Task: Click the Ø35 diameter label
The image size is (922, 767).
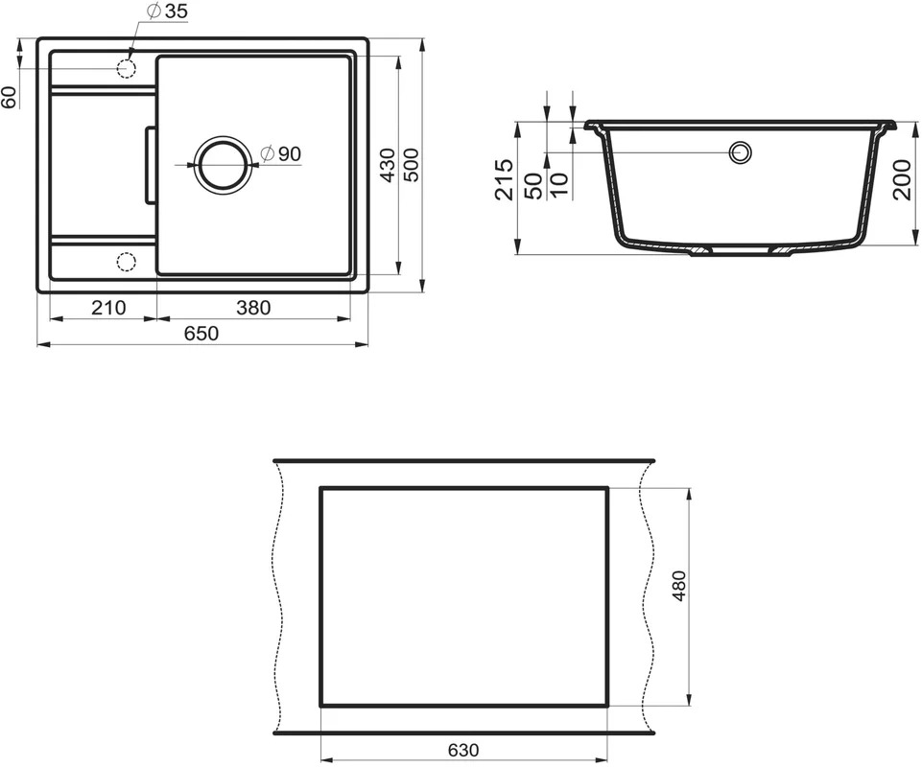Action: coord(166,12)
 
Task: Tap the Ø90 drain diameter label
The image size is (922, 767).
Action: coord(280,154)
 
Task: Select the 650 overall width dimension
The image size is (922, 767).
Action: coord(201,334)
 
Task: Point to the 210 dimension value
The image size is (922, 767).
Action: coord(108,308)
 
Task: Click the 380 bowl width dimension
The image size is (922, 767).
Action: coord(253,308)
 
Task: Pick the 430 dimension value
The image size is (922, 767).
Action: coord(389,165)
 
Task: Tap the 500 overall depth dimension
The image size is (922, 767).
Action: coord(412,165)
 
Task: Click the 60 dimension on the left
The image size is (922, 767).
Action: coord(9,97)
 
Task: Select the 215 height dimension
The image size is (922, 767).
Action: coord(504,179)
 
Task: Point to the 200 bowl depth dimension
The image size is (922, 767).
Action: coord(903,179)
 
